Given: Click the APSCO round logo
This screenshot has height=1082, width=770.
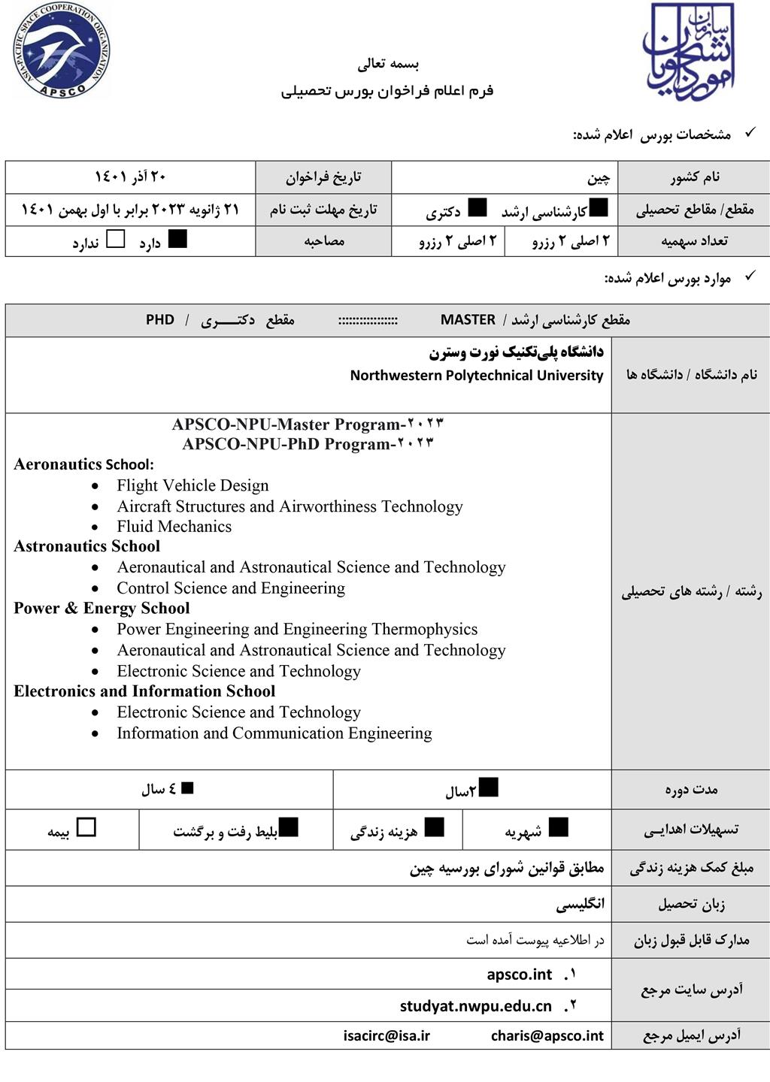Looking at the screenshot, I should pos(62,51).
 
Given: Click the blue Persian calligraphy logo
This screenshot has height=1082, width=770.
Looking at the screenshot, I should pos(688,53).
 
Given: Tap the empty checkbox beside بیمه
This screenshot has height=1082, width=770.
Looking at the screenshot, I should pos(86,827).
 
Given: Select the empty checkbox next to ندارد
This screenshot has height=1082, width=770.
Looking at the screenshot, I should pos(116,240).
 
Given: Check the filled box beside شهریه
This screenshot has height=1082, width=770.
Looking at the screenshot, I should pos(558,827).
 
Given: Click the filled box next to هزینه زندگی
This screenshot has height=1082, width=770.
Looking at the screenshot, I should pos(434,827).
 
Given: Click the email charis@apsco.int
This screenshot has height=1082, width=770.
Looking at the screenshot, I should pos(547,1035).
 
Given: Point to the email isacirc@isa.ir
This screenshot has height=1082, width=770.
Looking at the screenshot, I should pos(387,1035).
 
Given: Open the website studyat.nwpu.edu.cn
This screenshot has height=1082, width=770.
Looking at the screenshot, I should pos(476,1006).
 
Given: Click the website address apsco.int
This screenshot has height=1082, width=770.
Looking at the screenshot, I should pos(520,975).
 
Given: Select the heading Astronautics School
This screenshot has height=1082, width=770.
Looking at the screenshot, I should pos(86,546).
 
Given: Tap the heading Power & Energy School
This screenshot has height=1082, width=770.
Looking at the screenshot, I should pos(102,608).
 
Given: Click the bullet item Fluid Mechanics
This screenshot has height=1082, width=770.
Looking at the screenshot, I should pos(174,526).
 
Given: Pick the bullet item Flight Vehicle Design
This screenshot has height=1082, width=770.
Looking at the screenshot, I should pos(192,485).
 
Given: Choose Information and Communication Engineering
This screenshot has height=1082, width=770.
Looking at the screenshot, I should pos(274,733).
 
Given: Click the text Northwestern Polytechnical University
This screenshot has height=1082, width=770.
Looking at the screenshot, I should pos(477,375).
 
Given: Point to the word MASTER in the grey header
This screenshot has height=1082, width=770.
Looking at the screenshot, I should pos(468,319).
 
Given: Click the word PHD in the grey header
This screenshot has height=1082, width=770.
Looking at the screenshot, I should pos(160,319).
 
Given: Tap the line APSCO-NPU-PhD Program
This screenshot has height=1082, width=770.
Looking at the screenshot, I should pos(308,443).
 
